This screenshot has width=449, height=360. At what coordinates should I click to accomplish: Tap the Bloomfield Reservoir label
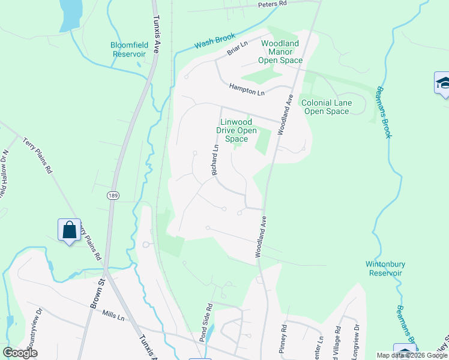pyautogui.click(x=128, y=49)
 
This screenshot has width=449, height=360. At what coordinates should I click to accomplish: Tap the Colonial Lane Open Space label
pyautogui.click(x=326, y=107)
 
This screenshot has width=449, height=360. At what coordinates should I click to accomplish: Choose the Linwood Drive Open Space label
pyautogui.click(x=237, y=130)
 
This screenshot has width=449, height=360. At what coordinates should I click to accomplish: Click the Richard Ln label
pyautogui.click(x=214, y=160)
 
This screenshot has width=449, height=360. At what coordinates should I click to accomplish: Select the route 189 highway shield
pyautogui.click(x=113, y=196)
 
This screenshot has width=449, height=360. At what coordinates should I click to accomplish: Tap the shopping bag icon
pyautogui.click(x=70, y=230)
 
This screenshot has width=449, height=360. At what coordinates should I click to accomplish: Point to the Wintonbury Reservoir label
pyautogui.click(x=384, y=268)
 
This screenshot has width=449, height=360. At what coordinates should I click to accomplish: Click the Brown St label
pyautogui.click(x=97, y=294)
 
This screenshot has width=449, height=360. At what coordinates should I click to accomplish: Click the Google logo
pyautogui.click(x=20, y=353)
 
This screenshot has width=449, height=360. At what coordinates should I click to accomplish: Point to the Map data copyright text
pyautogui.click(x=412, y=355)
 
